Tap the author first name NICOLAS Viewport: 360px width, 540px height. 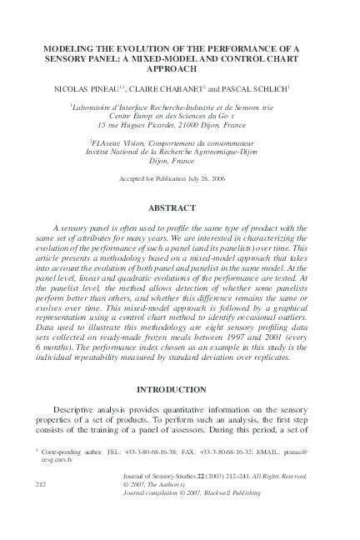click(x=72, y=87)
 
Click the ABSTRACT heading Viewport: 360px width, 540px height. click(x=180, y=207)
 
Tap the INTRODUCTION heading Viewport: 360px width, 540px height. click(x=180, y=390)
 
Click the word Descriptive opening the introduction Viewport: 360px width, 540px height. click(x=77, y=411)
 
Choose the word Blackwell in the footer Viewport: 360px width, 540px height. click(x=205, y=491)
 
